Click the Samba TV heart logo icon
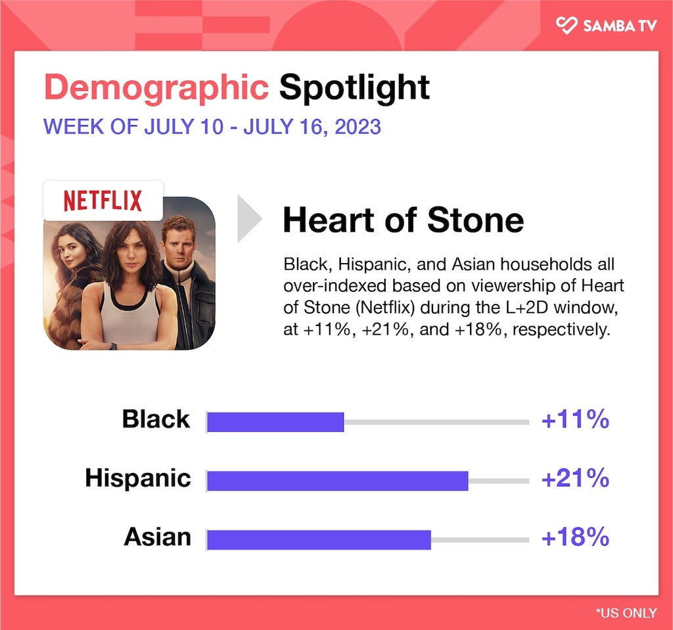(567, 26)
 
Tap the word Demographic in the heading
(156, 87)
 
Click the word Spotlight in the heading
(354, 87)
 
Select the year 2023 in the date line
(358, 127)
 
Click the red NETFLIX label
(103, 201)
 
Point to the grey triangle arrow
(250, 218)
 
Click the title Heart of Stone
(403, 220)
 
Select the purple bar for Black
(275, 422)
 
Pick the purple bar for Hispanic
(338, 481)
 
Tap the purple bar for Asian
(319, 540)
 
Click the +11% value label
(575, 419)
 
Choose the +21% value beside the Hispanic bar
(575, 478)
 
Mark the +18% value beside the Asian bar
(575, 537)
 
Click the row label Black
(156, 419)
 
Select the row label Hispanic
(138, 478)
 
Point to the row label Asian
(157, 537)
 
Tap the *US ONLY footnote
(626, 613)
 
